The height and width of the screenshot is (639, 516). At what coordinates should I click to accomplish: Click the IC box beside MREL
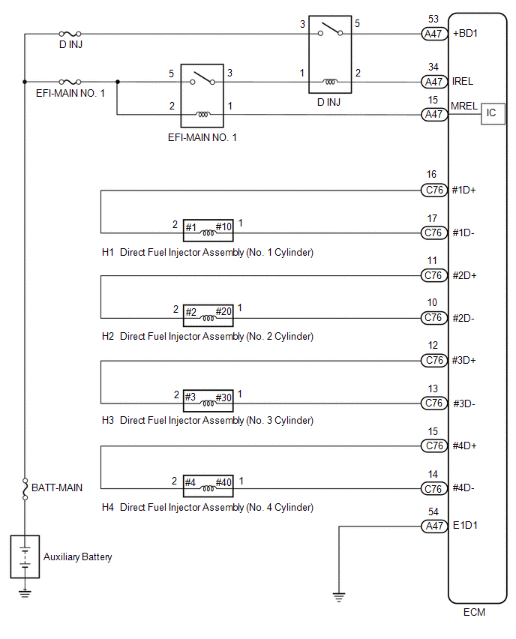click(493, 114)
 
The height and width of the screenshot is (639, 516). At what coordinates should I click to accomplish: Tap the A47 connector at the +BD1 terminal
click(434, 34)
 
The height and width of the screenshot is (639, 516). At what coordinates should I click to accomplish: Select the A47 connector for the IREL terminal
click(434, 82)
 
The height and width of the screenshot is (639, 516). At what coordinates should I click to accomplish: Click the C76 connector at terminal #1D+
click(434, 190)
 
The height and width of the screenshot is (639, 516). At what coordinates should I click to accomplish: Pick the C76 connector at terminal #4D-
click(434, 488)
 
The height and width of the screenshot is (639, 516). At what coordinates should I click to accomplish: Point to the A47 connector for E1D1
click(434, 526)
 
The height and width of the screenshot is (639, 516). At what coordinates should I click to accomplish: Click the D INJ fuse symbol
click(70, 34)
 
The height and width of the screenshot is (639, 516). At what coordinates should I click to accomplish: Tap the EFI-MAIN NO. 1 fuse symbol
click(70, 82)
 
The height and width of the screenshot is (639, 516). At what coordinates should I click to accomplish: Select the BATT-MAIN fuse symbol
click(25, 488)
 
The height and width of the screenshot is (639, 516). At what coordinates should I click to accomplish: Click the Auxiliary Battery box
click(25, 556)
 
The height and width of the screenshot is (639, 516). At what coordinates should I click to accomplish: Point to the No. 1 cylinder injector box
click(208, 230)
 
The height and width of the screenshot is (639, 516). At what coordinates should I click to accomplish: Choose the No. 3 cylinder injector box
click(208, 400)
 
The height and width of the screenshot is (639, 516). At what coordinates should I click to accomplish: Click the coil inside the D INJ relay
click(330, 82)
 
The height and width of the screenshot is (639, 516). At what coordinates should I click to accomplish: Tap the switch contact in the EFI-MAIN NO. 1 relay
click(202, 78)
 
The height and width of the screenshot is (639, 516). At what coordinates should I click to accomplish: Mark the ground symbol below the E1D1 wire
click(339, 597)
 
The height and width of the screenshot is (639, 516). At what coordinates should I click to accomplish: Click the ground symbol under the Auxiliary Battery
click(25, 593)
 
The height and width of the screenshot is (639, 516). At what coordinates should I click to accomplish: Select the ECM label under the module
click(475, 612)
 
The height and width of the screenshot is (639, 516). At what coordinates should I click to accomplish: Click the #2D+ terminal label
click(464, 275)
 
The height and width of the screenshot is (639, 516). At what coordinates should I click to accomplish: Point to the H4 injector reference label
click(107, 507)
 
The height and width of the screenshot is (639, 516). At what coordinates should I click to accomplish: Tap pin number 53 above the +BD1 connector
click(433, 19)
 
